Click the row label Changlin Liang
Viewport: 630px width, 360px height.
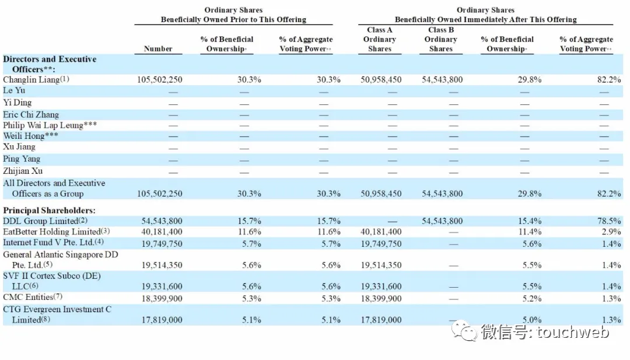32,79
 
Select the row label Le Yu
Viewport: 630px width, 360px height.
14,91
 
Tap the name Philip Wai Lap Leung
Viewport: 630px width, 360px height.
43,125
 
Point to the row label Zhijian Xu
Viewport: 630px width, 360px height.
23,171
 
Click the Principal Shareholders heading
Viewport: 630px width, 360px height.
49,210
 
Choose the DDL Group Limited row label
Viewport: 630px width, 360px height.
41,221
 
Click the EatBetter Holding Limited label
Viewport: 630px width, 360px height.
52,232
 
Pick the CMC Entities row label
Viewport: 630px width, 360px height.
28,298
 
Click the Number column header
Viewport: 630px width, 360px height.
158,48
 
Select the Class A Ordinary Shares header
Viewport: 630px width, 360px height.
380,39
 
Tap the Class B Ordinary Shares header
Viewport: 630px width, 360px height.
441,39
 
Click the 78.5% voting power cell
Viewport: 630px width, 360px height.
609,221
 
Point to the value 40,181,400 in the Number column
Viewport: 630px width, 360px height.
162,232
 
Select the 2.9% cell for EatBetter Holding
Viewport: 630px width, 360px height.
611,232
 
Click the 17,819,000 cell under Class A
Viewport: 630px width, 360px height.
381,320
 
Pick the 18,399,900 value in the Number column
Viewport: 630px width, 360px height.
162,299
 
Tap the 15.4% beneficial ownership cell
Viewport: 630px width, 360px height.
530,221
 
